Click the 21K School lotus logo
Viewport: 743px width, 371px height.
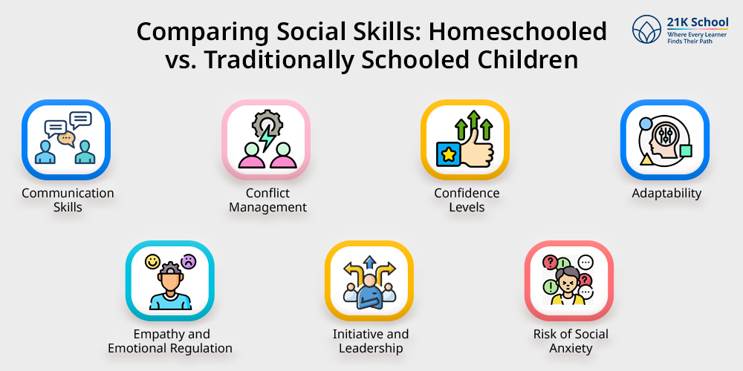click(x=647, y=30)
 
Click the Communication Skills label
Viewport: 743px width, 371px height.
click(x=68, y=200)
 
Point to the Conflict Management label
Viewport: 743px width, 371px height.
click(x=267, y=200)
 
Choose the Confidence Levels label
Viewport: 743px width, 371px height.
click(x=467, y=200)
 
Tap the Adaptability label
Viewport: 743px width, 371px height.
click(x=666, y=194)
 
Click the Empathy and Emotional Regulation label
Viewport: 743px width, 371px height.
click(x=170, y=341)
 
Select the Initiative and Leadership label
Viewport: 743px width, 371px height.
click(x=371, y=341)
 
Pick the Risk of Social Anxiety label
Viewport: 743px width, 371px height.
click(x=571, y=341)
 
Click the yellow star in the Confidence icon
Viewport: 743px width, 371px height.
click(x=448, y=154)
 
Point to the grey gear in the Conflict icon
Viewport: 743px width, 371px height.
click(x=267, y=125)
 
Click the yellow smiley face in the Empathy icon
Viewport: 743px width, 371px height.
click(x=152, y=262)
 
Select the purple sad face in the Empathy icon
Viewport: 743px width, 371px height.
click(x=189, y=261)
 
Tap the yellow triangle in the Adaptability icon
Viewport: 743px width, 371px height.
click(x=646, y=160)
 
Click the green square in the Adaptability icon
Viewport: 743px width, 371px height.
click(x=685, y=151)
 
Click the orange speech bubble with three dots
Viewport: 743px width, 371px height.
click(x=66, y=139)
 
